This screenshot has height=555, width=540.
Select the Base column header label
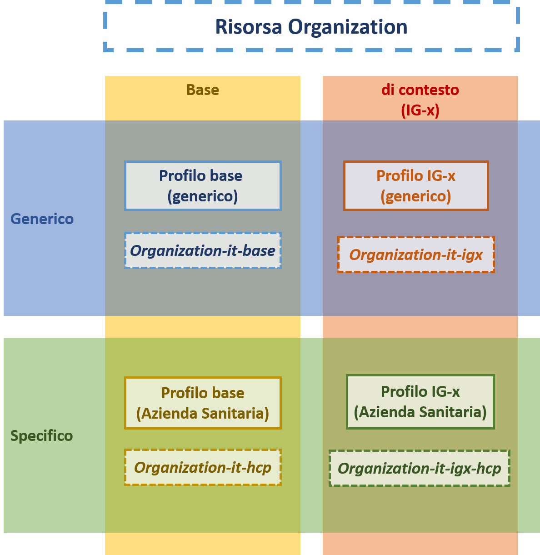(x=203, y=90)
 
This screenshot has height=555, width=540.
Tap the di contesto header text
(x=420, y=90)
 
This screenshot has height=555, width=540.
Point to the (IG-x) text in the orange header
(x=420, y=110)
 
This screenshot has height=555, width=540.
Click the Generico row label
(x=42, y=219)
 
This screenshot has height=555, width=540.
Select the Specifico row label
(x=41, y=436)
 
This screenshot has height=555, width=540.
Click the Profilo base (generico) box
(x=203, y=185)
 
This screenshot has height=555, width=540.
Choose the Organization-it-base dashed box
(x=203, y=250)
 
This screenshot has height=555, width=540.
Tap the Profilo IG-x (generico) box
(x=416, y=185)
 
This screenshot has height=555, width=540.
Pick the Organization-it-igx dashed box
(x=416, y=255)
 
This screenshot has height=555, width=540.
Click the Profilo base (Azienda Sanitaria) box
(x=203, y=403)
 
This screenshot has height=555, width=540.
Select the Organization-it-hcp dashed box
(x=203, y=467)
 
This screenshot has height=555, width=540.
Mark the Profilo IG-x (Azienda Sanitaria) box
(x=420, y=401)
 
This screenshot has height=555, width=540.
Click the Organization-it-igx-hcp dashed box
(x=419, y=468)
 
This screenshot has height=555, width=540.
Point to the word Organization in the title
(x=348, y=27)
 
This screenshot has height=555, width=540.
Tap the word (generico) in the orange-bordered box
(x=416, y=196)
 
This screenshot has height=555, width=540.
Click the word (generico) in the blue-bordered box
(x=203, y=196)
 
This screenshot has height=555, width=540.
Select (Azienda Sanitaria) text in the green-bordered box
(x=420, y=412)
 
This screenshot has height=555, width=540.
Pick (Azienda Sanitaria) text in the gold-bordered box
(x=203, y=414)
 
